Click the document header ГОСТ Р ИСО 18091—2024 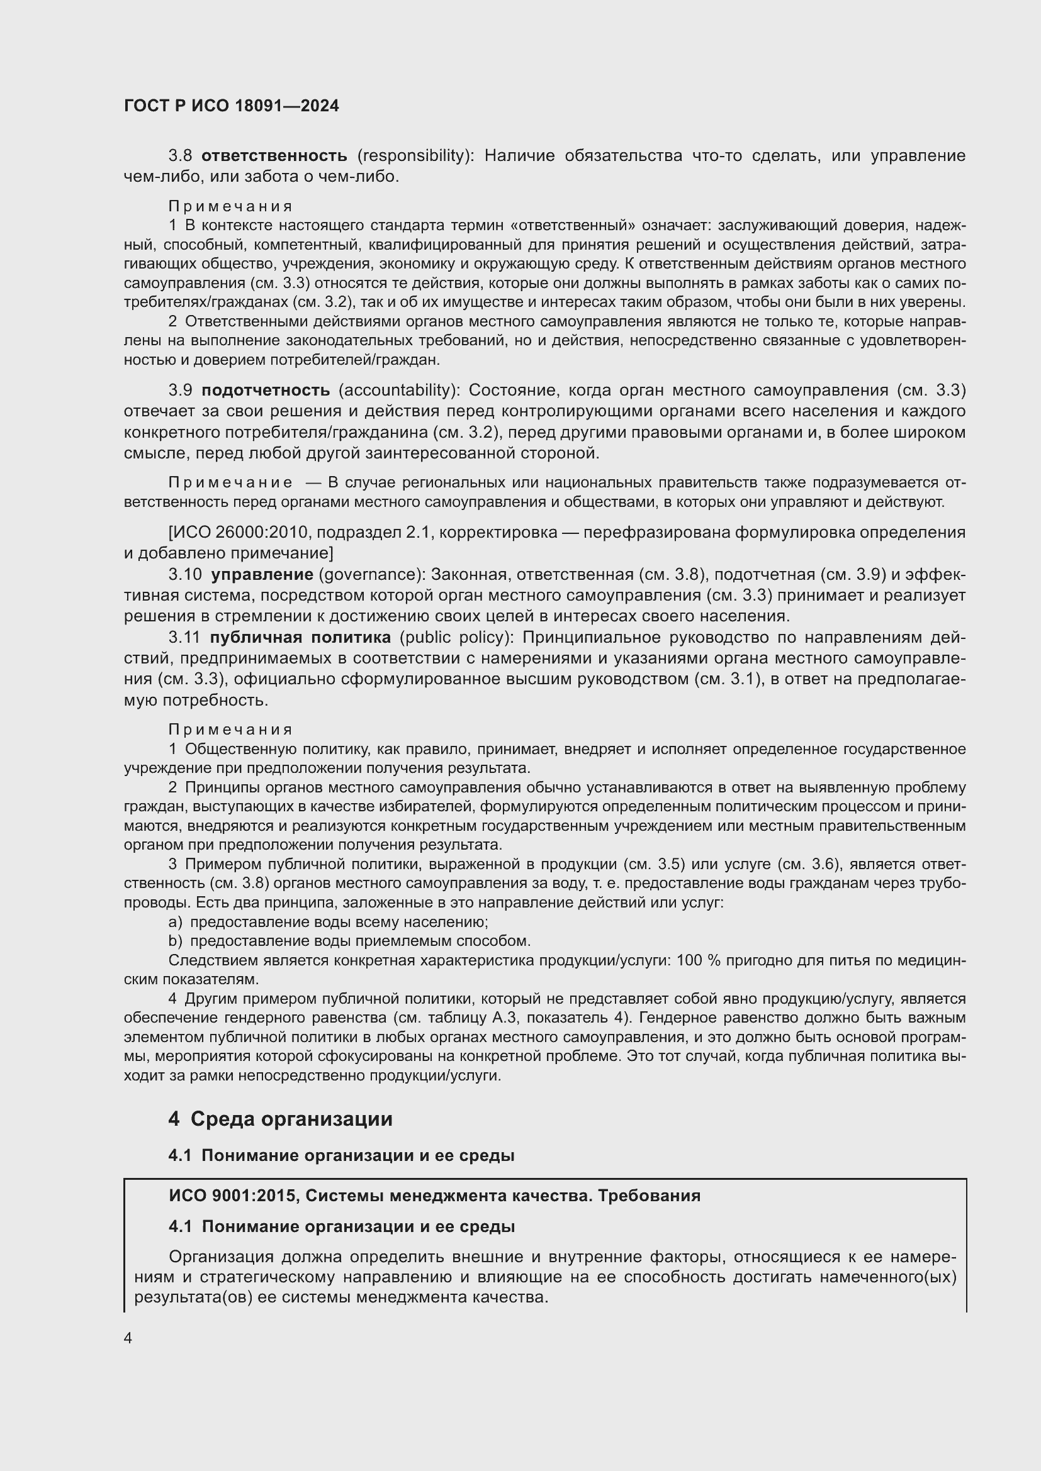click(232, 106)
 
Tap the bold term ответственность click(274, 156)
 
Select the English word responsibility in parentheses click(415, 156)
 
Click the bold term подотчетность click(266, 390)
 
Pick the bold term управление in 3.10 click(262, 574)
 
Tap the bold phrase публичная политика click(300, 638)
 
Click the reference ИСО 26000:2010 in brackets click(240, 533)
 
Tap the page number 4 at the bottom click(128, 1338)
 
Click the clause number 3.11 click(184, 638)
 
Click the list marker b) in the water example click(175, 941)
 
